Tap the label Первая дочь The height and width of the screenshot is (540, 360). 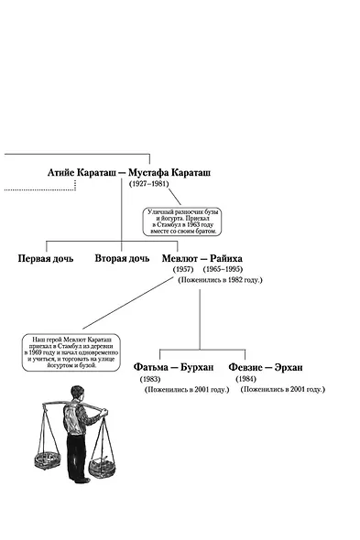pyautogui.click(x=45, y=259)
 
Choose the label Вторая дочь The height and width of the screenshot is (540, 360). pyautogui.click(x=122, y=259)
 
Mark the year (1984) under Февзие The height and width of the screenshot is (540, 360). pyautogui.click(x=245, y=379)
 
